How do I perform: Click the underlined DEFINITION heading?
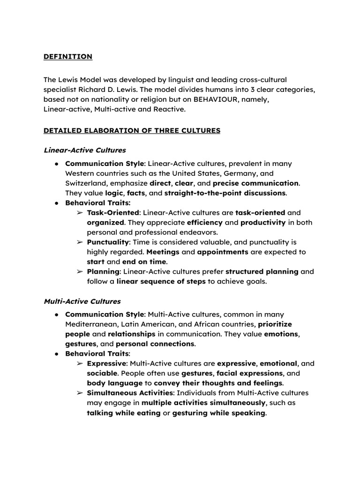pyautogui.click(x=68, y=57)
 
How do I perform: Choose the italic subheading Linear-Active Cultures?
pyautogui.click(x=85, y=150)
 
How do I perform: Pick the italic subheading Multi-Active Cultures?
pyautogui.click(x=82, y=301)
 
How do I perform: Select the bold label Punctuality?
pyautogui.click(x=108, y=242)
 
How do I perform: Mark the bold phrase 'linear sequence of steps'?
pyautogui.click(x=161, y=281)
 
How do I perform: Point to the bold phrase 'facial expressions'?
pyautogui.click(x=249, y=373)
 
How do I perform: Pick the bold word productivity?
pyautogui.click(x=263, y=223)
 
